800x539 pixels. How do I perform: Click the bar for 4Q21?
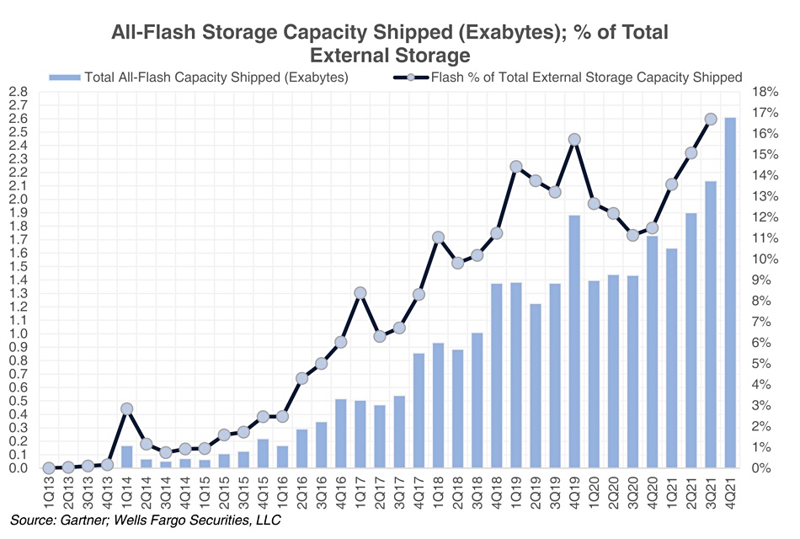tap(729, 293)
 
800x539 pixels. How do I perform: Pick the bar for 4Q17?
tap(419, 410)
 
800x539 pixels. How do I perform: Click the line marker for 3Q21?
tap(710, 120)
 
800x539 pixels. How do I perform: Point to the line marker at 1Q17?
tap(360, 293)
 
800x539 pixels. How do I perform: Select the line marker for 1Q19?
tap(516, 167)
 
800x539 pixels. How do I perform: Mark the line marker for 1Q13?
tap(49, 467)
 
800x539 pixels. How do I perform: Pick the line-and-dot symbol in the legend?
tap(408, 77)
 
